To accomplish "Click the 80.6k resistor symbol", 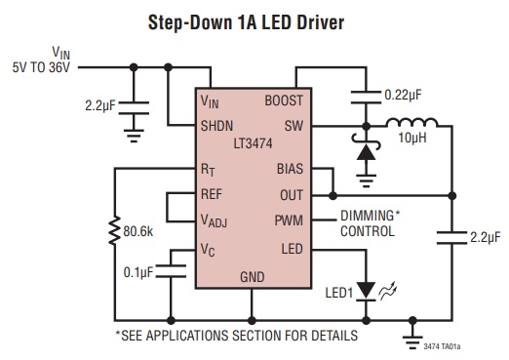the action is (114, 230).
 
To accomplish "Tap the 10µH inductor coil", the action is (412, 122).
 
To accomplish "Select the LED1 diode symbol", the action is (367, 291).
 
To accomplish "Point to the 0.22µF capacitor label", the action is (403, 96).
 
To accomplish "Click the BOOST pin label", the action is (284, 100).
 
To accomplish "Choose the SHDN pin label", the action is (216, 126).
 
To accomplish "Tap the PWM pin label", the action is (289, 220).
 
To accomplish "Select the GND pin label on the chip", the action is (253, 277).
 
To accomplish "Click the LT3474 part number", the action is (253, 143).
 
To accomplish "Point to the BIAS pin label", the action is (290, 169).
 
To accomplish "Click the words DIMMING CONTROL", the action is (370, 223).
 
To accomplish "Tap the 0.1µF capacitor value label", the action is (138, 272).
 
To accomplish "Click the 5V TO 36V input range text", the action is (41, 67).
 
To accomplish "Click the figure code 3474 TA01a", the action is (442, 346).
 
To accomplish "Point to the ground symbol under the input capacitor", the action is (134, 136).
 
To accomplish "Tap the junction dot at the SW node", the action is (367, 126).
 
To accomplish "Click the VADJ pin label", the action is (214, 221).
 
